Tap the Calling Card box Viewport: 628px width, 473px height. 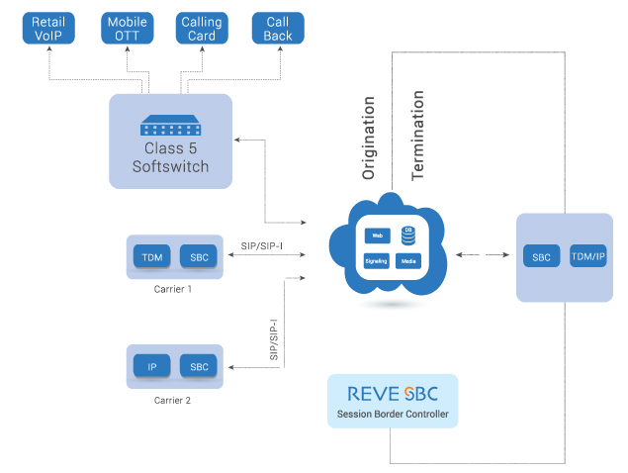203,28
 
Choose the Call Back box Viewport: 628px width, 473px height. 278,28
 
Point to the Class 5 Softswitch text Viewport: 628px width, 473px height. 170,158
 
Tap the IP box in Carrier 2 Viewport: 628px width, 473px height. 152,366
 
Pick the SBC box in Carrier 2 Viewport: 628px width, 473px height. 199,366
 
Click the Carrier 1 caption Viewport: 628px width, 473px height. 173,289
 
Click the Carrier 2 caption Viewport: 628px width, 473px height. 173,400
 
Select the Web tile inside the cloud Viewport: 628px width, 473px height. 376,236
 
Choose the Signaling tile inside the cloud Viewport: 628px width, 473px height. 376,262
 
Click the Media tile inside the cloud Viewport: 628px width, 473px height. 407,262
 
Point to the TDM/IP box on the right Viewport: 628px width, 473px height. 587,256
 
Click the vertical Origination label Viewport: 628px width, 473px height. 369,137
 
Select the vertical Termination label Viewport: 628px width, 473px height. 417,135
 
